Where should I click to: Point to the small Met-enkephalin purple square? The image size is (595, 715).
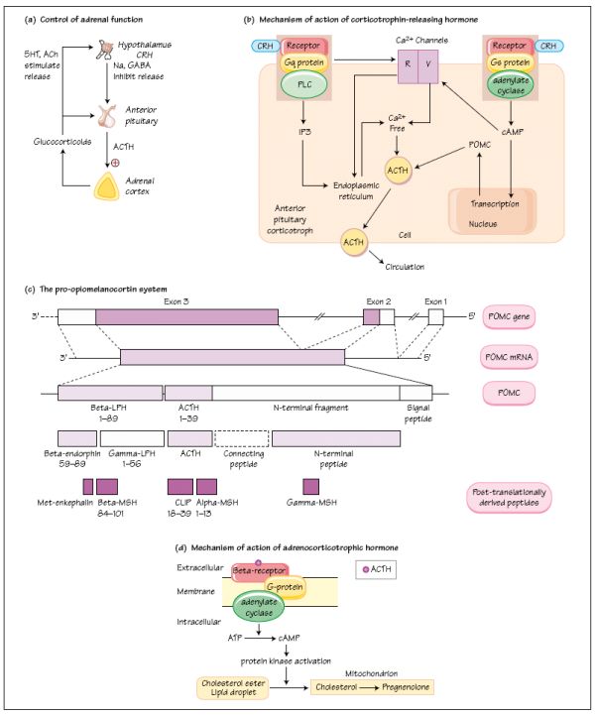coord(87,486)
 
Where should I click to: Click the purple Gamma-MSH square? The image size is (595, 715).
coord(310,486)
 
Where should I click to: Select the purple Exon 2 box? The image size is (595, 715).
coord(372,316)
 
